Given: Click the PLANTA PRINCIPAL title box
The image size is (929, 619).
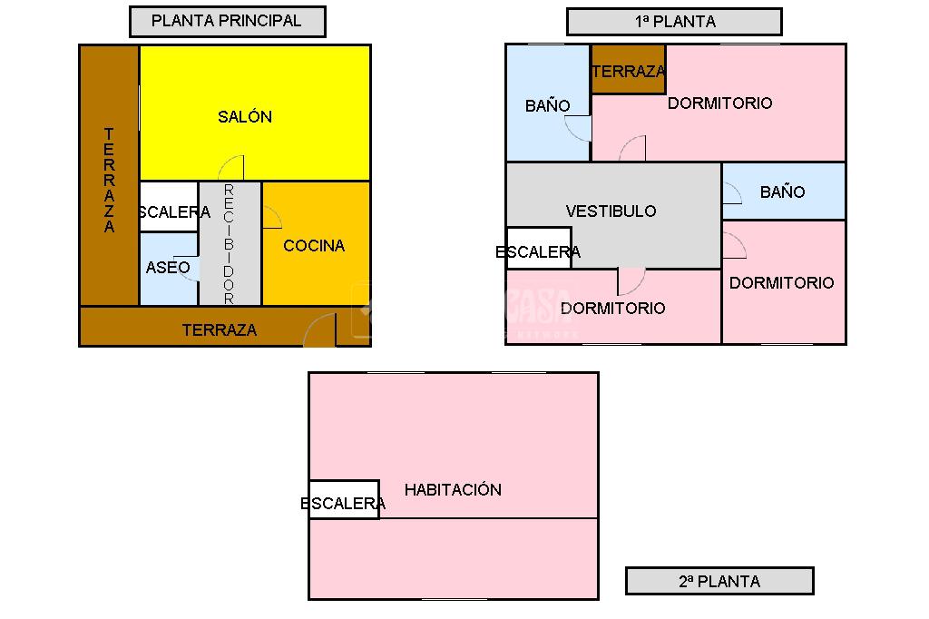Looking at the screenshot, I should (x=227, y=21).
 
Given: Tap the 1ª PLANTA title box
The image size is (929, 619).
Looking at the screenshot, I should (x=674, y=22).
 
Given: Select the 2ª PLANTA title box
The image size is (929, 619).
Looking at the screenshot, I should (x=719, y=581).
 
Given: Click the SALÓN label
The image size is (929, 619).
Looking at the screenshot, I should (x=245, y=117).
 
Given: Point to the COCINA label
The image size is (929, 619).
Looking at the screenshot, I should (x=314, y=246).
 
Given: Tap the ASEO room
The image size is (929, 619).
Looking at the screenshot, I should (x=169, y=268).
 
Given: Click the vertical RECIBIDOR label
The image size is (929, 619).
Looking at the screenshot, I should (x=229, y=243).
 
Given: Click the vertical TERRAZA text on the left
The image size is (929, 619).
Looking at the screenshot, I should (x=110, y=181).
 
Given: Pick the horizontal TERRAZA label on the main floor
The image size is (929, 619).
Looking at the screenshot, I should (x=220, y=330).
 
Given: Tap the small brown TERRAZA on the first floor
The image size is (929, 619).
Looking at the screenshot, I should (x=628, y=71).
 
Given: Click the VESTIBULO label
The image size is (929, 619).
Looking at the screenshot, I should (x=611, y=211).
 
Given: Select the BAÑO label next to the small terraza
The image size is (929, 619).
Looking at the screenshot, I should (x=548, y=106).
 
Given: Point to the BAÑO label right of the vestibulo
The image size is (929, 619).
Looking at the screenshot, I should (x=782, y=192).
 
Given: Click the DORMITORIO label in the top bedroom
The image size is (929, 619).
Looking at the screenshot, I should (x=720, y=103).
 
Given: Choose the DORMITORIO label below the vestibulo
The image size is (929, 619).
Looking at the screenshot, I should (x=612, y=309).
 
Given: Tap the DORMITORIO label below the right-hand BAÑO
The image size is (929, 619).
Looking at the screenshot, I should (x=781, y=283).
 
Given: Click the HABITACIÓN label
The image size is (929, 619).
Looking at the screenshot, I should (x=453, y=490).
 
